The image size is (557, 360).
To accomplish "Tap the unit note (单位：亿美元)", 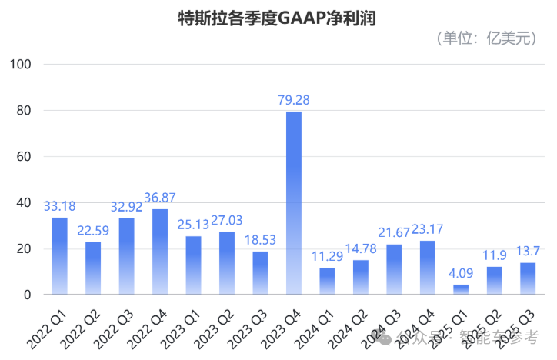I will (486, 39).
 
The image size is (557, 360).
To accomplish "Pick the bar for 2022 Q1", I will (59, 255).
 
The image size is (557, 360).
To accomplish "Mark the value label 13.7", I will (528, 251).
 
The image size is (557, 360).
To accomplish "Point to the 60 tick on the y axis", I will (22, 157).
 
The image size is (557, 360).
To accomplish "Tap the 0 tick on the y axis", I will (26, 295).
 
